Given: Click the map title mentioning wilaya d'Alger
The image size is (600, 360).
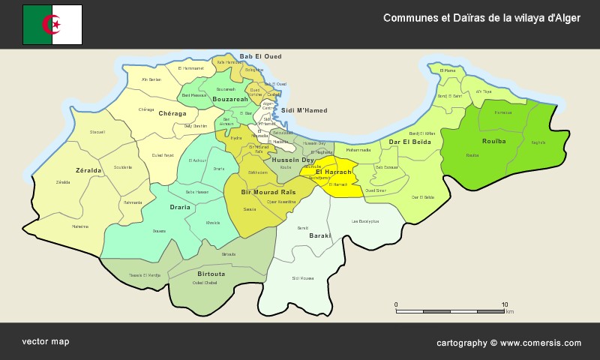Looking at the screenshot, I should (x=481, y=17).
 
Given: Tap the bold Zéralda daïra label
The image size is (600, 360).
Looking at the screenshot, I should (x=88, y=170).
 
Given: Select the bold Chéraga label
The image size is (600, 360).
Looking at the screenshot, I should (x=172, y=113).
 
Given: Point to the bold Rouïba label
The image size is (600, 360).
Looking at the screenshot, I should (x=493, y=141).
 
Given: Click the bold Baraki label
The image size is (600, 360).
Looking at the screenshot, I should (x=320, y=235).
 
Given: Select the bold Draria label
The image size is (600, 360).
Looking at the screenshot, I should (x=180, y=207).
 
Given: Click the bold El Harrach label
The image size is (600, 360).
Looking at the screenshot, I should (x=333, y=172).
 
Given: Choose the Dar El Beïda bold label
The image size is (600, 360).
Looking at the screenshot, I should (x=409, y=142).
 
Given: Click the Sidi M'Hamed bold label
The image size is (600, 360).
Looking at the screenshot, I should (x=304, y=110).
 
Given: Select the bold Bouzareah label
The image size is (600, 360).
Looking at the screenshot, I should (x=230, y=99).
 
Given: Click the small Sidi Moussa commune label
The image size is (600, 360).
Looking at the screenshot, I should (x=302, y=278).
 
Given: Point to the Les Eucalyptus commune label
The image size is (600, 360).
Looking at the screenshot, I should (x=365, y=221).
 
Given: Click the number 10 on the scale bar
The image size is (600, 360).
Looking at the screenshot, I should (x=504, y=304).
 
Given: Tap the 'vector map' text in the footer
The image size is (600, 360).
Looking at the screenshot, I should (x=45, y=341).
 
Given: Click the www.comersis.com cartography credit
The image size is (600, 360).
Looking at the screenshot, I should (x=508, y=343).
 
